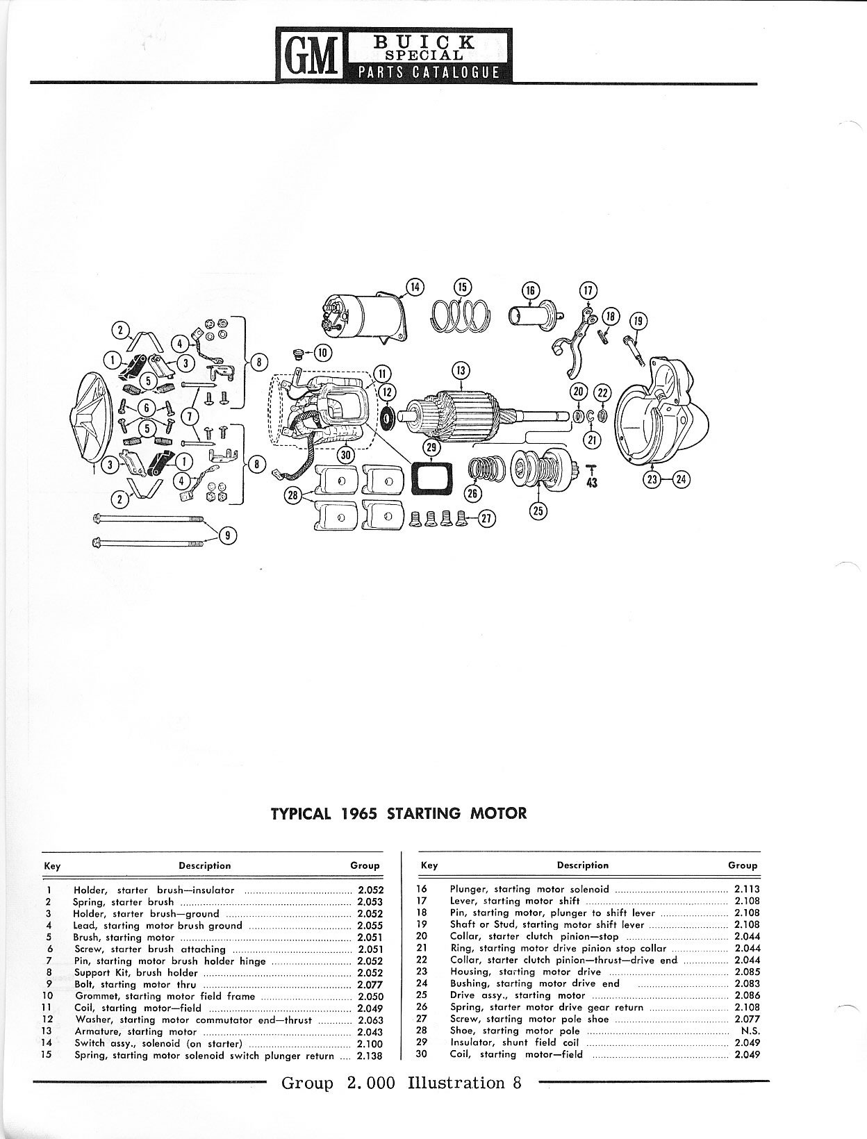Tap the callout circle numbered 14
tap(415, 287)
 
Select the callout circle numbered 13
tap(461, 370)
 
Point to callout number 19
tap(638, 321)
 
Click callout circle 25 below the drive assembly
tap(538, 511)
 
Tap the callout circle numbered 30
tap(345, 454)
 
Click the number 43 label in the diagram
tap(591, 482)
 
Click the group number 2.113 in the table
tap(747, 889)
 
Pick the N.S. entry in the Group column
tap(750, 1031)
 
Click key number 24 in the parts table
tap(422, 983)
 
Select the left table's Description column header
tap(204, 865)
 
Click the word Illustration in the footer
tap(456, 1083)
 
